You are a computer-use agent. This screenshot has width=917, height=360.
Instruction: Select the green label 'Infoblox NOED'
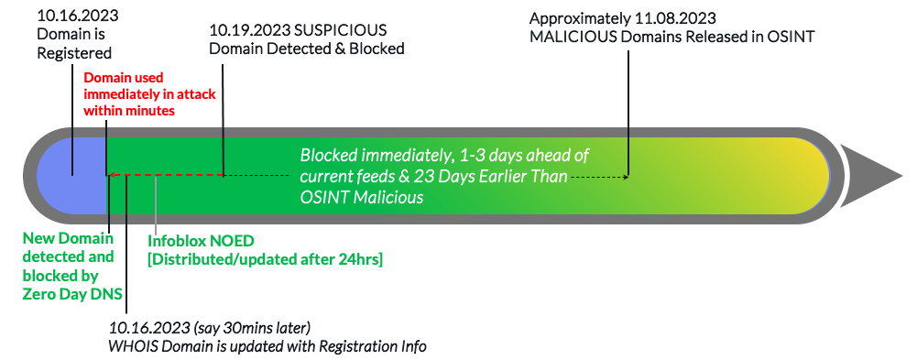[201, 242]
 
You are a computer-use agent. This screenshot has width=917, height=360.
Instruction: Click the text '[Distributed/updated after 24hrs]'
[265, 260]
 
